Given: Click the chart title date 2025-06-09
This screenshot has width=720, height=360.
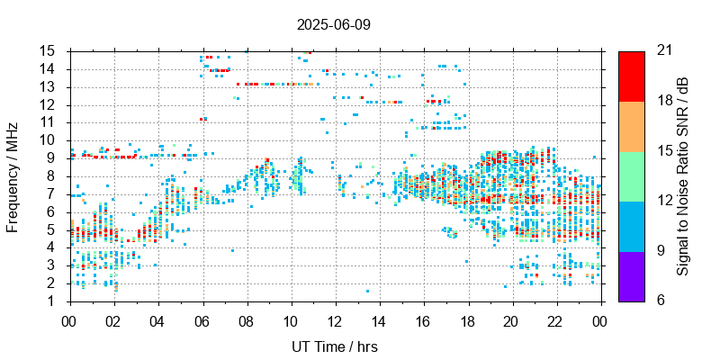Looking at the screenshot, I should click(x=333, y=24).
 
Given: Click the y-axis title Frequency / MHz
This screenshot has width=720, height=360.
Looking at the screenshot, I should click(x=13, y=175).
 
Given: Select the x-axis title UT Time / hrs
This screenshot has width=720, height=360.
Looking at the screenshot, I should click(x=333, y=346).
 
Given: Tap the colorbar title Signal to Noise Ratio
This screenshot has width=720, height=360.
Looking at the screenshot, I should click(x=684, y=175).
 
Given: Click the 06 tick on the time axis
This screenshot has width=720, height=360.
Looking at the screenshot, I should click(x=202, y=320).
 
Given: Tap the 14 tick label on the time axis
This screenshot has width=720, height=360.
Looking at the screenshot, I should click(x=378, y=320).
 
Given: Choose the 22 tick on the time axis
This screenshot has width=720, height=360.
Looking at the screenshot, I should click(x=555, y=320).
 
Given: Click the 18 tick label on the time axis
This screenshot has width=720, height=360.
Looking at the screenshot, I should click(x=466, y=320).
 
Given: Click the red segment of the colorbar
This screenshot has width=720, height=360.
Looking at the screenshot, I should click(x=632, y=76).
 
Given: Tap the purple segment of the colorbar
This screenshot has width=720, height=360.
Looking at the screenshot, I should click(x=632, y=275).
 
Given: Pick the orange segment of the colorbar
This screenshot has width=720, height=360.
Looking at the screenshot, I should click(x=632, y=126).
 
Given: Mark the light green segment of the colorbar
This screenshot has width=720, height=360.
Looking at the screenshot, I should click(x=632, y=175).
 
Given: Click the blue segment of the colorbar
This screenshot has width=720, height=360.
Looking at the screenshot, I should click(x=632, y=226).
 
